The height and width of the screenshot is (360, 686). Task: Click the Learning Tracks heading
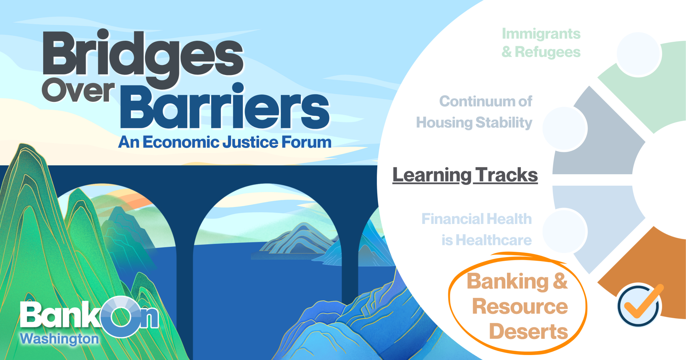(x=465, y=175)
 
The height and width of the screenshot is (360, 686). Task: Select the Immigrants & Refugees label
(x=541, y=43)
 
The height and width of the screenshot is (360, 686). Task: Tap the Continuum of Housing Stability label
(x=474, y=112)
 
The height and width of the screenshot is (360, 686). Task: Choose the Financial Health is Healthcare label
(x=477, y=229)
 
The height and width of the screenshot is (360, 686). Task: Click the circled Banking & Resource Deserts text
(x=517, y=306)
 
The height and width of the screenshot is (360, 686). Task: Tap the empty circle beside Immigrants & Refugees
(x=638, y=54)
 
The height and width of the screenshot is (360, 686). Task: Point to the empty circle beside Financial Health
(x=565, y=231)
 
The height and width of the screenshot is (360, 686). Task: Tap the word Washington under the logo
(x=59, y=339)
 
